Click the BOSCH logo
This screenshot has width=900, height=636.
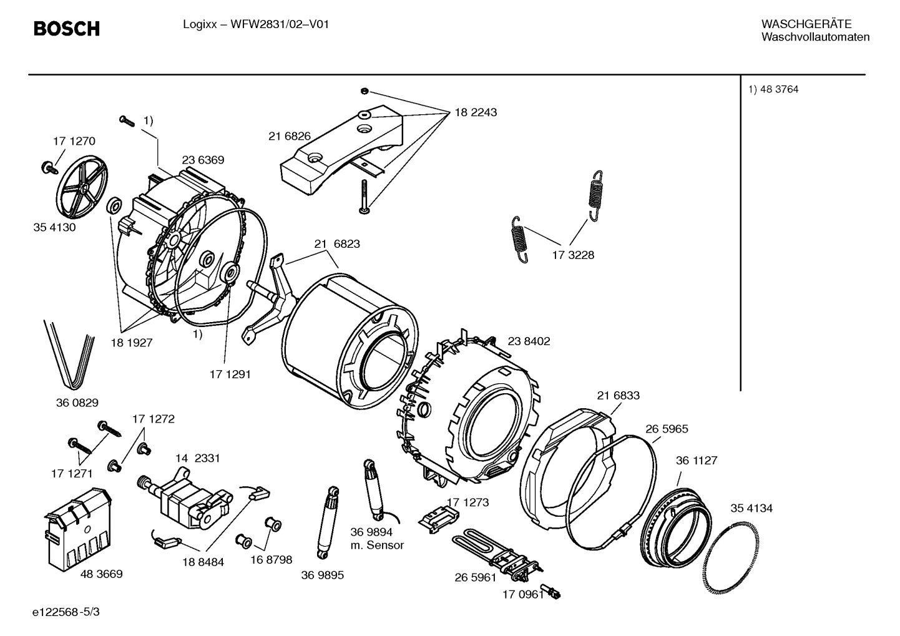66,28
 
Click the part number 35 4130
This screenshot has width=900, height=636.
54,227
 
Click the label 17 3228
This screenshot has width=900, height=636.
573,255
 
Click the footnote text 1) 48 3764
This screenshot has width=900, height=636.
773,89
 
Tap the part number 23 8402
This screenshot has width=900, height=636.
529,341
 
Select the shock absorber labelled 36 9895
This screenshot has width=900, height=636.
328,523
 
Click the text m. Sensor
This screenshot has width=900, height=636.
377,545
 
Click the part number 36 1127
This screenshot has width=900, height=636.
697,461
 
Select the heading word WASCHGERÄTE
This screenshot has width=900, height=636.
806,24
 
